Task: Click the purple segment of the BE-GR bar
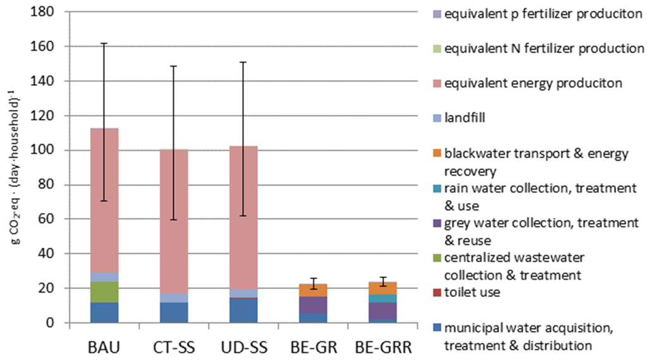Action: click(309, 305)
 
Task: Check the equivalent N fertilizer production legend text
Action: click(540, 49)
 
